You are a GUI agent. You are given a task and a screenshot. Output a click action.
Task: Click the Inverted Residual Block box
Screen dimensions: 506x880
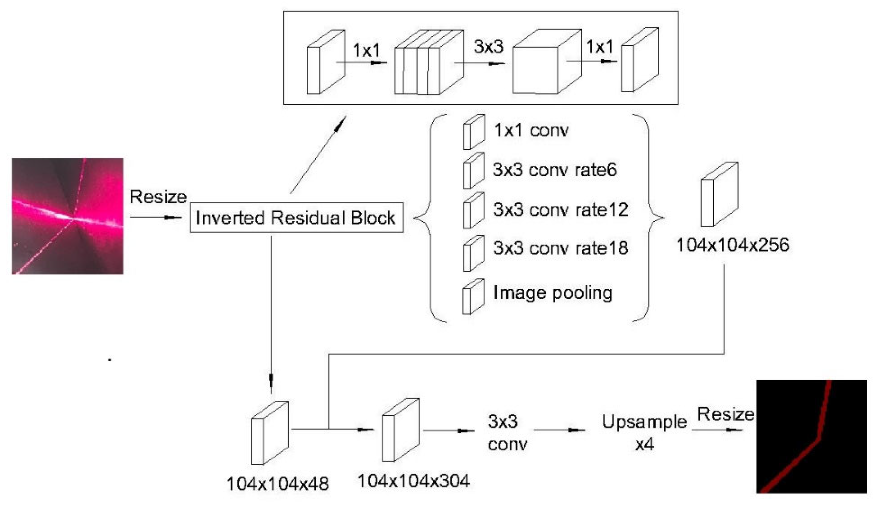pyautogui.click(x=297, y=218)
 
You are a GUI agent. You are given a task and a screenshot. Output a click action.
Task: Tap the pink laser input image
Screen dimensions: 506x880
pyautogui.click(x=68, y=216)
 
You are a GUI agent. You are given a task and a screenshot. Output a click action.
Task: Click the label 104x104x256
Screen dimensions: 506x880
pyautogui.click(x=733, y=245)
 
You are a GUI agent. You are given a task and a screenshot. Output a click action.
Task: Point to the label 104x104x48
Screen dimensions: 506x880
pyautogui.click(x=277, y=484)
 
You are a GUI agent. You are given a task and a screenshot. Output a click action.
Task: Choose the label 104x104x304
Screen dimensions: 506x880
pyautogui.click(x=414, y=481)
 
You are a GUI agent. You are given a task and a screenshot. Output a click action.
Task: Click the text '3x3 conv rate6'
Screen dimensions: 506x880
pyautogui.click(x=555, y=170)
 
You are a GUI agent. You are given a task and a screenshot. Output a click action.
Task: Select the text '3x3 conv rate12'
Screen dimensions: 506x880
pyautogui.click(x=561, y=210)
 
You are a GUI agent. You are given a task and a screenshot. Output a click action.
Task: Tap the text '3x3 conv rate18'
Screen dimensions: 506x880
pyautogui.click(x=561, y=248)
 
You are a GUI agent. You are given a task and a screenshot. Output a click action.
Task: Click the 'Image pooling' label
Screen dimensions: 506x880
pyautogui.click(x=553, y=293)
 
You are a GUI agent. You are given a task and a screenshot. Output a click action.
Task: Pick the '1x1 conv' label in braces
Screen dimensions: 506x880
pyautogui.click(x=531, y=131)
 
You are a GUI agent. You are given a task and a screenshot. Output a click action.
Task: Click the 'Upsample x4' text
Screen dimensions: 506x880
pyautogui.click(x=644, y=432)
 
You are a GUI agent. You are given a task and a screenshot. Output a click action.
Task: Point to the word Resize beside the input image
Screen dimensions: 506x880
pyautogui.click(x=158, y=197)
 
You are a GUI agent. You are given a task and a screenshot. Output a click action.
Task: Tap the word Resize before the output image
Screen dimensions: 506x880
pyautogui.click(x=726, y=414)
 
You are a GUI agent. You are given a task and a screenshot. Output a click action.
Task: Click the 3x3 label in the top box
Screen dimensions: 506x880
pyautogui.click(x=488, y=47)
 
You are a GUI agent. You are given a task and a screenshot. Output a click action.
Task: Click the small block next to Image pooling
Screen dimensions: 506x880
pyautogui.click(x=473, y=297)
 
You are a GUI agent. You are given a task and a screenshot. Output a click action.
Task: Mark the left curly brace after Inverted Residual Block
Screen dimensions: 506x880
pyautogui.click(x=426, y=218)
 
